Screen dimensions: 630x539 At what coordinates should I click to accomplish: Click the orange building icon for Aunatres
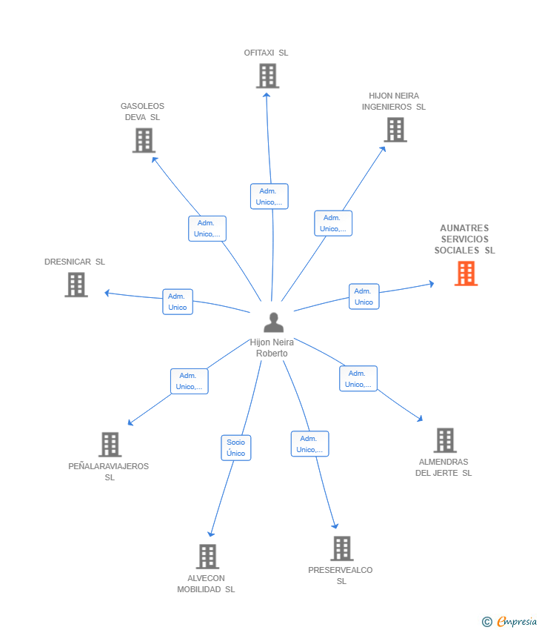tap(466, 273)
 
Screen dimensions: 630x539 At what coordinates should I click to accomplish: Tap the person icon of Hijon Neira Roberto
tap(273, 322)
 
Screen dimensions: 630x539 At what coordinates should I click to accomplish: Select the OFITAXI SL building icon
tap(267, 76)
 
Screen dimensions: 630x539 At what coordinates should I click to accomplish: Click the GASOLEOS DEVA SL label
tap(143, 112)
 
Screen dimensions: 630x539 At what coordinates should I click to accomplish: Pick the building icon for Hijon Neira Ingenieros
tap(395, 130)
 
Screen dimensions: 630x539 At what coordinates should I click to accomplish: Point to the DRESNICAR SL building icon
tap(76, 285)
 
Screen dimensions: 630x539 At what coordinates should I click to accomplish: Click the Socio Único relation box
tap(236, 448)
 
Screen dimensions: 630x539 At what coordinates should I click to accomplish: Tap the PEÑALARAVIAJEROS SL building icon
tap(110, 445)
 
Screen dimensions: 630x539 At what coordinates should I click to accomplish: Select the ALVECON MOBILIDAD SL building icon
tap(207, 557)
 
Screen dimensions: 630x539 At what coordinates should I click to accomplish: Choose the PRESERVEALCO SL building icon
tap(341, 548)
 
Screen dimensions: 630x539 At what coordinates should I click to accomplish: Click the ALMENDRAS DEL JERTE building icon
tap(444, 440)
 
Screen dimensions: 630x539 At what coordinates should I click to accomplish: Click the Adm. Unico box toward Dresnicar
tap(178, 302)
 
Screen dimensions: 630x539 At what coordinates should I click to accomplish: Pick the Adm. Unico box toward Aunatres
tap(364, 296)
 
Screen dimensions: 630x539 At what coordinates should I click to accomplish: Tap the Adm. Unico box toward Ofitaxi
tap(269, 196)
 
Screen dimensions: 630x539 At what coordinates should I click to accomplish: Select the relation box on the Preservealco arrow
tap(309, 444)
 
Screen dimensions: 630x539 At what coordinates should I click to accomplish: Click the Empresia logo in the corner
tap(509, 621)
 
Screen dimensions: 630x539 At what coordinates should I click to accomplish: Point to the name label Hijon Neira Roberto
tap(272, 348)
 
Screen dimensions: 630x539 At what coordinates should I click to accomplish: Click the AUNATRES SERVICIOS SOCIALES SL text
tap(464, 239)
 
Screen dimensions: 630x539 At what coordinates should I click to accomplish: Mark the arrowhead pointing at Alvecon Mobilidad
tap(211, 534)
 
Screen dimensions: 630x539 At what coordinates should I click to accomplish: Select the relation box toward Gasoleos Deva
tap(207, 228)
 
